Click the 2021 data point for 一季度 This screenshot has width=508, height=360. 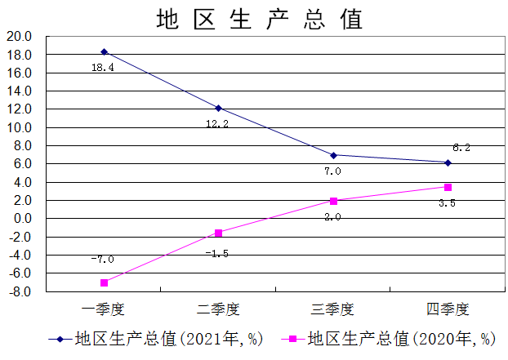[x=104, y=51]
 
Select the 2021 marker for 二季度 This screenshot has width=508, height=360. [x=218, y=108]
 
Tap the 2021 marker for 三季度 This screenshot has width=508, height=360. [x=333, y=155]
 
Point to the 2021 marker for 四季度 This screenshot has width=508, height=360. [x=448, y=162]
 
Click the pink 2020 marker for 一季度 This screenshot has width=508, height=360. [x=104, y=282]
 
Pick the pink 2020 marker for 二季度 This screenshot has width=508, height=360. [x=218, y=233]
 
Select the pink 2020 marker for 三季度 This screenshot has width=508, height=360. [x=333, y=201]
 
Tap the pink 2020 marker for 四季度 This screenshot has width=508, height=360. [x=448, y=187]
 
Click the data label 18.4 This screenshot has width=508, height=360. [x=102, y=68]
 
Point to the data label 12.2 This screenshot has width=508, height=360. [x=217, y=124]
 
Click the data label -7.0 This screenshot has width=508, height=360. [x=102, y=260]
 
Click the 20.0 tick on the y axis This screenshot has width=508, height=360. [x=19, y=37]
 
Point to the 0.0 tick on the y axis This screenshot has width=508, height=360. [x=22, y=219]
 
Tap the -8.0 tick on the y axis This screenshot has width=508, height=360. [x=20, y=291]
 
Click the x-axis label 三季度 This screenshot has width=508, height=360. [x=333, y=309]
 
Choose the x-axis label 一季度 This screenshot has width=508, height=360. [x=104, y=309]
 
